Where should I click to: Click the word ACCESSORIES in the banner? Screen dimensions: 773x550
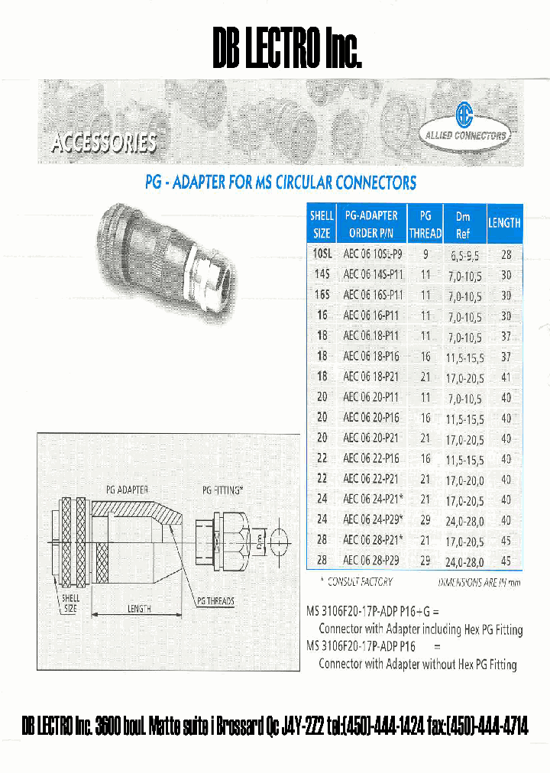[104, 143]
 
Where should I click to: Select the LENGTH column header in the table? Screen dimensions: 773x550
[504, 223]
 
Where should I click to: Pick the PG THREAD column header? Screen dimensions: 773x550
[425, 224]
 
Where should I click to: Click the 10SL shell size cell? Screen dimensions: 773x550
[322, 254]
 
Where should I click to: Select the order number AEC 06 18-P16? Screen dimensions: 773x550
[371, 356]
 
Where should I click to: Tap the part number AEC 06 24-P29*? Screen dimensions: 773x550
[374, 520]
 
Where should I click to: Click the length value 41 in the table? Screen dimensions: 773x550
[506, 377]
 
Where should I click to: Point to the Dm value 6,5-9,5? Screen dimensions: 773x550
[464, 254]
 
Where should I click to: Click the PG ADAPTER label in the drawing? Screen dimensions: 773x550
[127, 490]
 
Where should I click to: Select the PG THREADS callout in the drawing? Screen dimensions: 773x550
[215, 601]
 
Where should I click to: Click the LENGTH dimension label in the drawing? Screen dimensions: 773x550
[134, 609]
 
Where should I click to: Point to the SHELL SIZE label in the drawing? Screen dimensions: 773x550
[71, 603]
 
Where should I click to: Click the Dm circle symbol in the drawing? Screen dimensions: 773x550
[277, 543]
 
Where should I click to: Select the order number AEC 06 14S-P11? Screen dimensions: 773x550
[373, 275]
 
